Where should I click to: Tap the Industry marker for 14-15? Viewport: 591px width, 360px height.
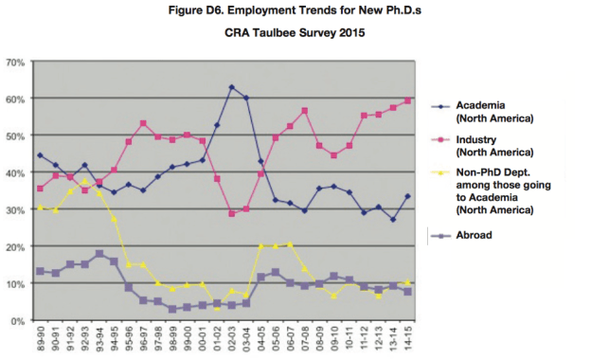(x=408, y=100)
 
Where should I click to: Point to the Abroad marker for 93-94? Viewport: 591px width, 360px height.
(x=99, y=254)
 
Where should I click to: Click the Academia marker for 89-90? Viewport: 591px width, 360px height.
(x=39, y=155)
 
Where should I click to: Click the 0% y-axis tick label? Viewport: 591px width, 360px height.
(x=17, y=321)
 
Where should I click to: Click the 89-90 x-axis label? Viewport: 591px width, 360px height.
(x=40, y=340)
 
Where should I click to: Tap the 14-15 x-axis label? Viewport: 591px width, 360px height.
(x=408, y=340)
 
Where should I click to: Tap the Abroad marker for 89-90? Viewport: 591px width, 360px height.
(x=39, y=271)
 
